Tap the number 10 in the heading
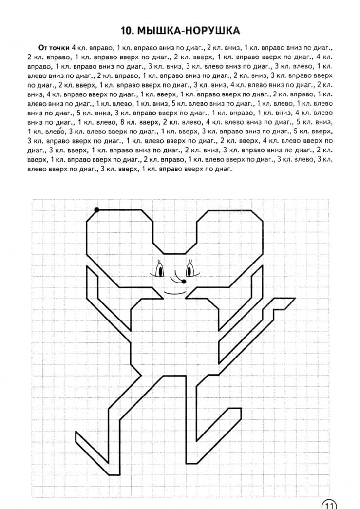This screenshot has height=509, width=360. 128,31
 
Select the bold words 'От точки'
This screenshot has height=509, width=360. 54,47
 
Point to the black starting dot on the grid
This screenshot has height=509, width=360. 96,210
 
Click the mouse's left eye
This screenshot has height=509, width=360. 159,269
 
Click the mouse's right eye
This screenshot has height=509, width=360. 189,269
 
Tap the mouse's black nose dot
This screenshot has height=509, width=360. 183,282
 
